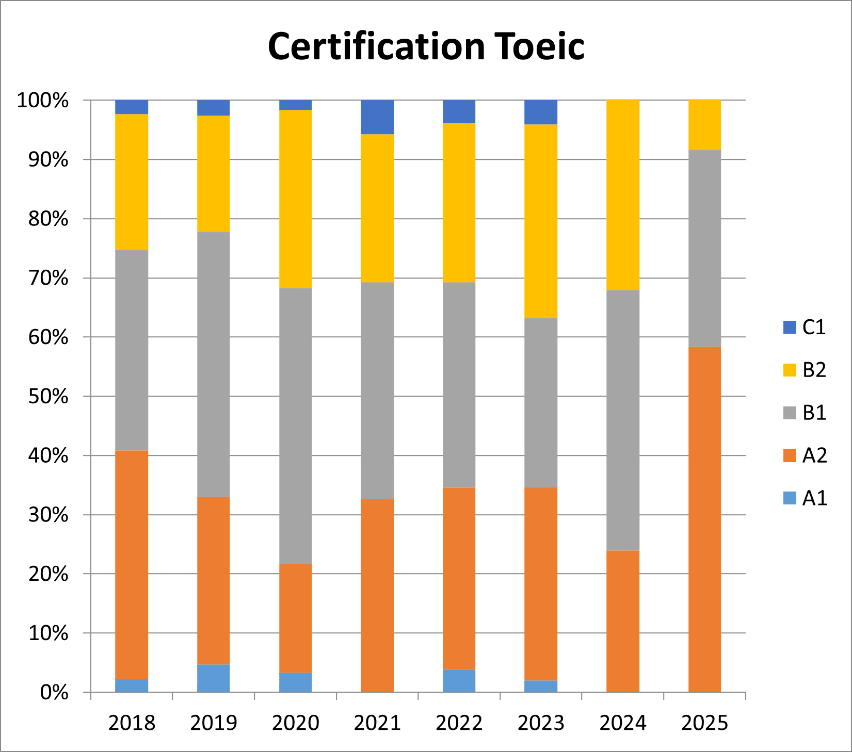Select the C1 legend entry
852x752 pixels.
click(805, 327)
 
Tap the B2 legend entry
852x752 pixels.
click(805, 370)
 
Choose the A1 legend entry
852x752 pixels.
click(805, 498)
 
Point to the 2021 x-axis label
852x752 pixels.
click(377, 723)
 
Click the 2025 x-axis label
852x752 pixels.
click(704, 723)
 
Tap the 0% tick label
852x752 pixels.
click(54, 692)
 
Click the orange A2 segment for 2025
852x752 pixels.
click(704, 519)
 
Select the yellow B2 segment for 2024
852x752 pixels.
click(623, 195)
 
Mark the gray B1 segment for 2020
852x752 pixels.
click(296, 426)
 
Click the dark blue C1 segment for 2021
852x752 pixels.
click(377, 117)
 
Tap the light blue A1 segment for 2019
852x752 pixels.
click(214, 678)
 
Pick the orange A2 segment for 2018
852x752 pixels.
click(132, 565)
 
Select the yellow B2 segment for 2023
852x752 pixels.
click(541, 221)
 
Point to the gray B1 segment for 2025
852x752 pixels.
click(704, 248)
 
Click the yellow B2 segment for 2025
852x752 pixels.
click(704, 125)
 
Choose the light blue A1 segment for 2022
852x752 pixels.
click(459, 681)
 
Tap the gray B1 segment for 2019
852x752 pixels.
click(214, 364)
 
